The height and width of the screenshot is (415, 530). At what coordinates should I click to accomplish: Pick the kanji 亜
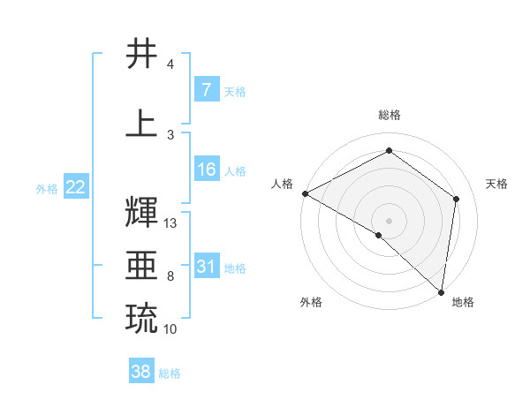coord(142,266)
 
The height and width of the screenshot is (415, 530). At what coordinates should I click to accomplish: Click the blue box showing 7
coord(206,90)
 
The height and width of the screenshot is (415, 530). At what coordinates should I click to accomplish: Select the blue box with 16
coord(206,170)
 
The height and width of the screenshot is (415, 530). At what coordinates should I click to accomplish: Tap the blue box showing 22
coord(76,188)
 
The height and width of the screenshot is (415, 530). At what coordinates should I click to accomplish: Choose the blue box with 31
coord(206,267)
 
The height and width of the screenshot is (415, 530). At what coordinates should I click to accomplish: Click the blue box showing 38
coord(141,373)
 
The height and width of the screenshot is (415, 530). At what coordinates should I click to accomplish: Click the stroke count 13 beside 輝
coord(170,223)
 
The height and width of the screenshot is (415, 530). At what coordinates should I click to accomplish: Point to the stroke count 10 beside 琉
coord(170,329)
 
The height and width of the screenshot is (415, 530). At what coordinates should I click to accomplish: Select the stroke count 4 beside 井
coord(170,64)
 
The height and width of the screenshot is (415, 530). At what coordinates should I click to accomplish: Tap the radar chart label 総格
coord(389,115)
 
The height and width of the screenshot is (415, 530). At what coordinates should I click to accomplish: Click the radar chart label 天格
coord(497,184)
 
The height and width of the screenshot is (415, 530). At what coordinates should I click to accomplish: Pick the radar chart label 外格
coord(311,303)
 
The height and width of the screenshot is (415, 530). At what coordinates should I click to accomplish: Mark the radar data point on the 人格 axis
coord(305,193)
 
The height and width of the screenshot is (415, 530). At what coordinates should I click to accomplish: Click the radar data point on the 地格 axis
coord(441,291)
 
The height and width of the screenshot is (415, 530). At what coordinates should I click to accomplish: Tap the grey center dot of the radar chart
coord(389,220)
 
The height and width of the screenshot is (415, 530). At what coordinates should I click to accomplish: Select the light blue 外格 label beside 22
coord(47,189)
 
